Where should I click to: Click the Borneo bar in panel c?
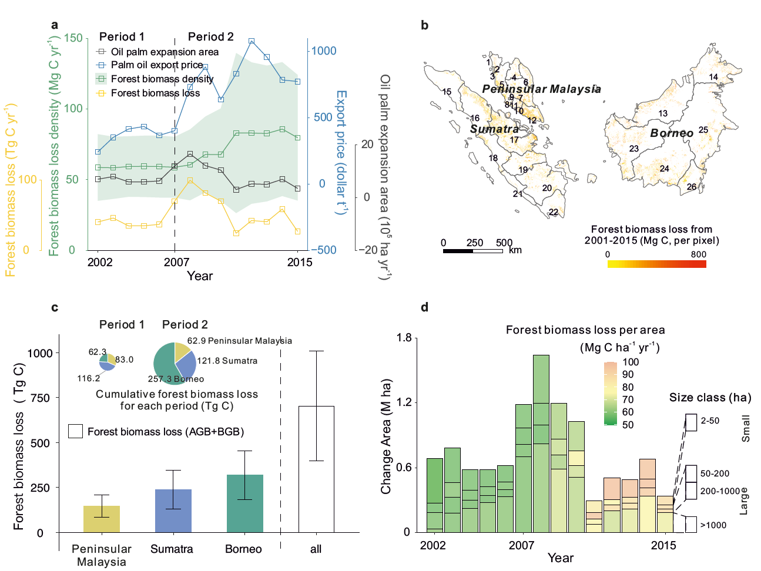244,503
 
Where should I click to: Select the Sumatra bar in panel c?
173,510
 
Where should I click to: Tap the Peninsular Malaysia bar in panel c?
102,519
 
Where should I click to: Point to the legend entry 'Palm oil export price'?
156,65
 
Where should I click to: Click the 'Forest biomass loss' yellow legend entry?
155,93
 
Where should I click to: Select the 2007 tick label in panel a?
176,262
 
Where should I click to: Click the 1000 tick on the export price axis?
324,51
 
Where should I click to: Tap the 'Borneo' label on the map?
672,133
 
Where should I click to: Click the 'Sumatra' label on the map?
494,129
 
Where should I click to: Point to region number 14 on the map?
713,77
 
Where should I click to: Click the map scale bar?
473,251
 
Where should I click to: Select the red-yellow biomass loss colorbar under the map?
656,264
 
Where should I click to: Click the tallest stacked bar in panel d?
541,444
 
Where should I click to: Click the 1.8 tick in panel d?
404,338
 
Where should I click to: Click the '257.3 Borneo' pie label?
176,379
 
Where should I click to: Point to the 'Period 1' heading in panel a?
122,37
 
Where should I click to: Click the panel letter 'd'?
425,307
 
